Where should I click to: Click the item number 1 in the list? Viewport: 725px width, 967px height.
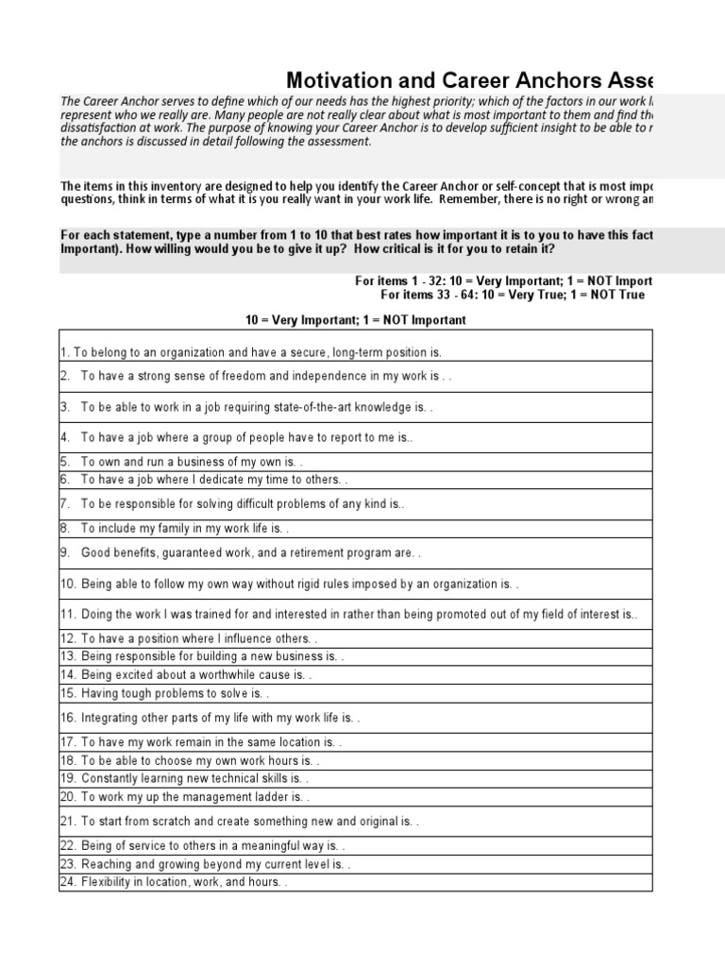coord(64,352)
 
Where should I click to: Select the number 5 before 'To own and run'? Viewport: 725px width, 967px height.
coord(65,463)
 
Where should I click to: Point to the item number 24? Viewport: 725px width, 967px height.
coord(68,882)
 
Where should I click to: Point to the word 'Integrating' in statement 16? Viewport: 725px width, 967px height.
coord(110,718)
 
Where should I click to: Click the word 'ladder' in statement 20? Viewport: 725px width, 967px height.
coord(262,797)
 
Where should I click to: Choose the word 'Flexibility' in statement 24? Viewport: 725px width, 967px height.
coord(110,882)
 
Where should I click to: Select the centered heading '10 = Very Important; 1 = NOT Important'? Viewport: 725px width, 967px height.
coord(355,320)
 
